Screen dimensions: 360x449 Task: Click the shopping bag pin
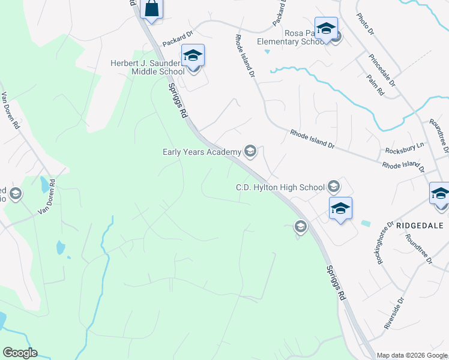point(152,10)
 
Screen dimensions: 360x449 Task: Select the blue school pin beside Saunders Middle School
point(193,56)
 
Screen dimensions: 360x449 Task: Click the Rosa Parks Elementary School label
point(291,37)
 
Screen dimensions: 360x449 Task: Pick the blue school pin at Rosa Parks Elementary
point(326,28)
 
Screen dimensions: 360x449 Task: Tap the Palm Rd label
point(376,85)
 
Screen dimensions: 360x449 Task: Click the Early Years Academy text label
point(202,152)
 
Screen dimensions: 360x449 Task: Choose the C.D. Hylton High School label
point(280,187)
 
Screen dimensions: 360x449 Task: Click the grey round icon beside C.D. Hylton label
point(334,187)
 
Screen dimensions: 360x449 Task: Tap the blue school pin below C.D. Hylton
point(340,209)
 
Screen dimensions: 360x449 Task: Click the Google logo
point(20,353)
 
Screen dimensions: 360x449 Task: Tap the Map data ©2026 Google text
point(412,355)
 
